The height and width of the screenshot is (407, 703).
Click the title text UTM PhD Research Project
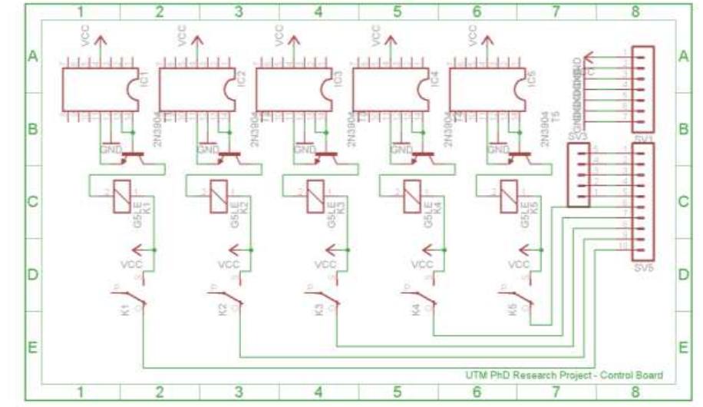pos(564,375)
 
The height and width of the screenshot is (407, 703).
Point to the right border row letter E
pos(684,347)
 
